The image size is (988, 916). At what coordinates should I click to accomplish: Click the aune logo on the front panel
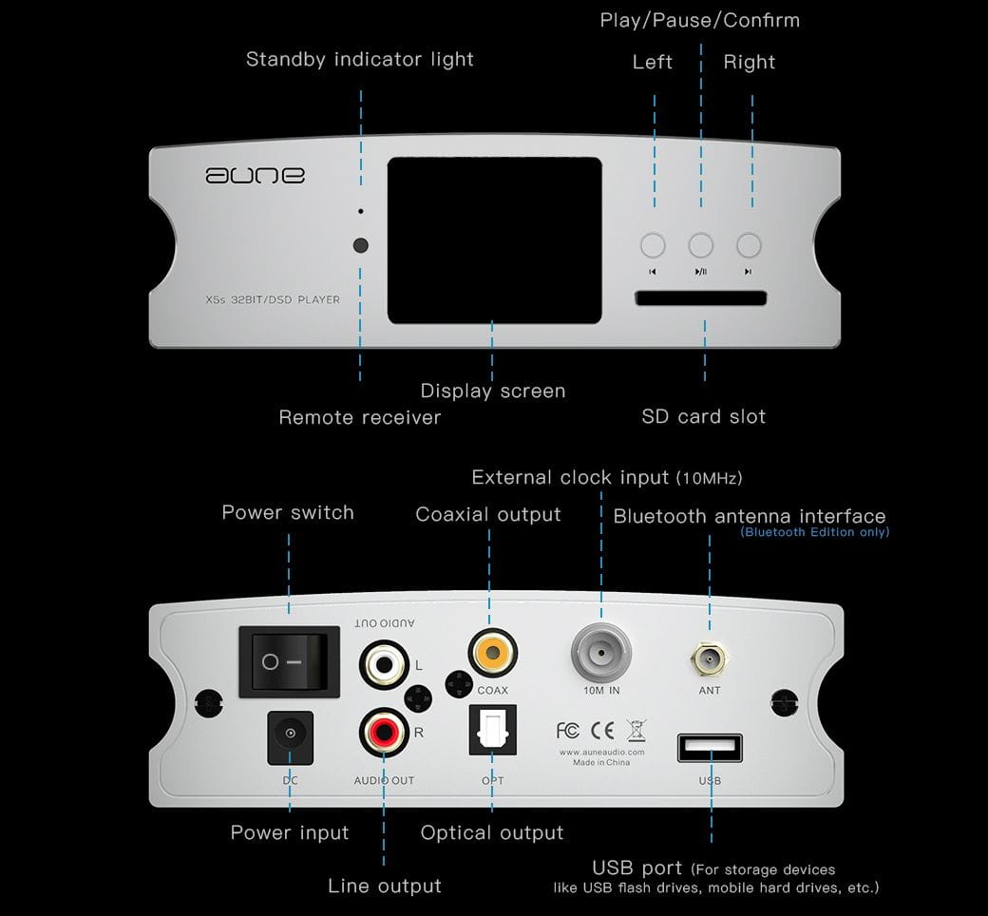click(255, 176)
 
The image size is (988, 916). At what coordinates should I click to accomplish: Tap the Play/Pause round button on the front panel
click(701, 245)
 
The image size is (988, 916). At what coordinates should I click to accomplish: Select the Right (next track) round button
click(749, 245)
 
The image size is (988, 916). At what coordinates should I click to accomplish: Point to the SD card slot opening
click(701, 299)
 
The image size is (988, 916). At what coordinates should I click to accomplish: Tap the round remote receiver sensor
click(360, 245)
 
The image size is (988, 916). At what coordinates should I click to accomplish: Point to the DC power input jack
click(290, 734)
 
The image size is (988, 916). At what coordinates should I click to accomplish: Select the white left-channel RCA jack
click(383, 661)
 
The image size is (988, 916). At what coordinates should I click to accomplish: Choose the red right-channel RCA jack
click(383, 734)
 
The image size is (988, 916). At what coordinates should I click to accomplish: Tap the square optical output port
click(492, 734)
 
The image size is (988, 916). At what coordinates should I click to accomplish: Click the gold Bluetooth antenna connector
click(710, 656)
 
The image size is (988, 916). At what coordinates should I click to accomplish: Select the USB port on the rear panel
click(710, 748)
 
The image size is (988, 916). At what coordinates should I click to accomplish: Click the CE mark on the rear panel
click(602, 731)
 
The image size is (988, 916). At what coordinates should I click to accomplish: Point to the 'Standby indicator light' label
click(359, 59)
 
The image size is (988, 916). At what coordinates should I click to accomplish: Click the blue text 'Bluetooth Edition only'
click(814, 532)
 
